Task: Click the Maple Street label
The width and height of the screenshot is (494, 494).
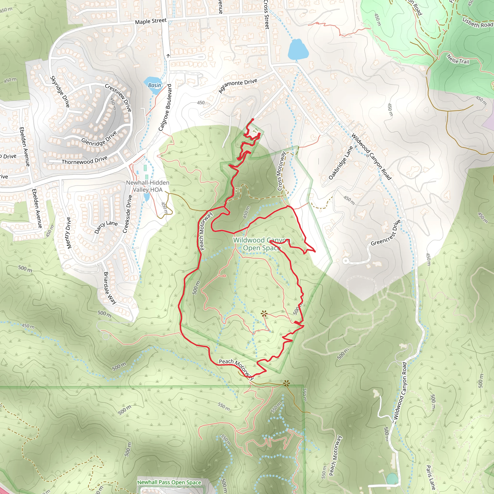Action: tap(151, 21)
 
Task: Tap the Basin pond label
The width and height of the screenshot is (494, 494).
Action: tap(155, 85)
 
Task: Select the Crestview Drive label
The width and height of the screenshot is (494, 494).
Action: tap(118, 98)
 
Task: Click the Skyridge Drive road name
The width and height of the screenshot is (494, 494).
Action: tap(60, 91)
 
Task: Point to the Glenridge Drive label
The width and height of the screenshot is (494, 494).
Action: tap(99, 138)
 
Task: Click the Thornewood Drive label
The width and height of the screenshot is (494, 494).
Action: tap(85, 160)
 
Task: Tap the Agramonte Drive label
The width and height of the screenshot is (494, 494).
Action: tap(238, 86)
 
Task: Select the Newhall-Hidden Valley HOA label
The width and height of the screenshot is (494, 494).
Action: tap(148, 186)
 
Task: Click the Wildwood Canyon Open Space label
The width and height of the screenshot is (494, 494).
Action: tap(261, 244)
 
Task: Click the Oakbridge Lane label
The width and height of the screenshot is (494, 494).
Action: tap(341, 163)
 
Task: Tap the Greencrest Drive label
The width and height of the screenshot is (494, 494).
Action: tap(386, 233)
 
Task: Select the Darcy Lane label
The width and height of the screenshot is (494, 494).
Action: tap(106, 227)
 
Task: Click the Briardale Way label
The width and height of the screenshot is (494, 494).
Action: tap(110, 288)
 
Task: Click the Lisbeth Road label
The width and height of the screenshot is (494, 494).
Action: tap(478, 22)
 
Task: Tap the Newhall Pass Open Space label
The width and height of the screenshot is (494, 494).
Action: tap(169, 482)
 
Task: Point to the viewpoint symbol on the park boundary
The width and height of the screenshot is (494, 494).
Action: tap(287, 383)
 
